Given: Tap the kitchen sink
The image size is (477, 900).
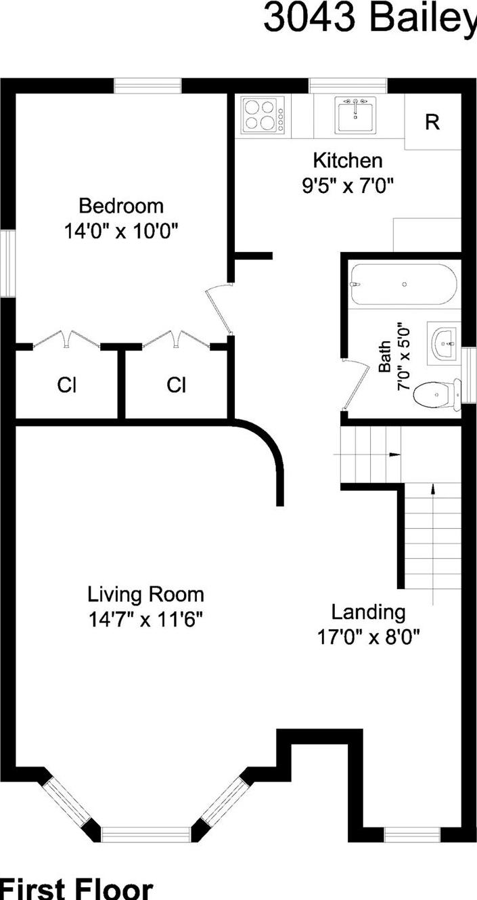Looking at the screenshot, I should pyautogui.click(x=355, y=114).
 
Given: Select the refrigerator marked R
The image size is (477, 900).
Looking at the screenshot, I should pyautogui.click(x=432, y=123).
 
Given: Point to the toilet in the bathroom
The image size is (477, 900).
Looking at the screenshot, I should pyautogui.click(x=434, y=394).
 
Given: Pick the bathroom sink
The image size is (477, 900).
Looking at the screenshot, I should pyautogui.click(x=443, y=343).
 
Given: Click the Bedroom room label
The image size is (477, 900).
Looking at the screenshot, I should pyautogui.click(x=121, y=205).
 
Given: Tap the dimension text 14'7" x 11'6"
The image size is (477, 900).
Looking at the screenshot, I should pyautogui.click(x=145, y=620).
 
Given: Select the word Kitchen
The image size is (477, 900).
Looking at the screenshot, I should pyautogui.click(x=347, y=161).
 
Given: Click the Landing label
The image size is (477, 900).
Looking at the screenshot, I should pyautogui.click(x=368, y=612).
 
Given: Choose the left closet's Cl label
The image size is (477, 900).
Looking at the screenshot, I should pyautogui.click(x=66, y=385).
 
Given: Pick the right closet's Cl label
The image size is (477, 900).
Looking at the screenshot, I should pyautogui.click(x=177, y=385).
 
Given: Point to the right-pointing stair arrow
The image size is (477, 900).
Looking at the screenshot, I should pyautogui.click(x=394, y=454).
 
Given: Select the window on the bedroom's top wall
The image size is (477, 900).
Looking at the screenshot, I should pyautogui.click(x=147, y=85).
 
